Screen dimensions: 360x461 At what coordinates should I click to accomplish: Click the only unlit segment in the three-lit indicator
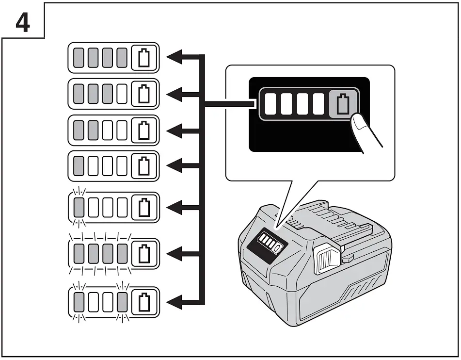123,94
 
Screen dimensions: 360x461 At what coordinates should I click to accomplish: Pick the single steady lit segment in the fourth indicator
79,166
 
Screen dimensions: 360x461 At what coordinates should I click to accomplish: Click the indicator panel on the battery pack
266,241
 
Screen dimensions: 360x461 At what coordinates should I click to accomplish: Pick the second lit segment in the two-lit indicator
94,130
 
